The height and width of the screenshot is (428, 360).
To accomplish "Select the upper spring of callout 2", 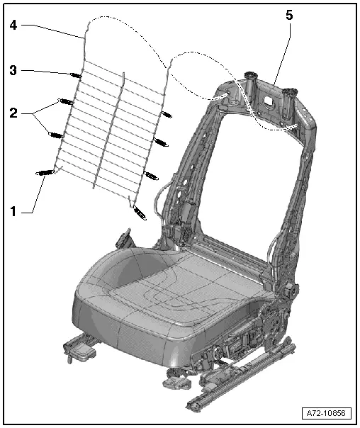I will coord(65,101).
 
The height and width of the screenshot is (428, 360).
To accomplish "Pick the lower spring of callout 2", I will coord(56,133).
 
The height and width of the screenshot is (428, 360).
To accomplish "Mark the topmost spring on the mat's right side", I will coord(168,113).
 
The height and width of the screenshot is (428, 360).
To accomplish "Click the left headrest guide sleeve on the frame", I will coord(251,79).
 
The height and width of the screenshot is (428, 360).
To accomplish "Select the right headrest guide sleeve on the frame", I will coord(290,92).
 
